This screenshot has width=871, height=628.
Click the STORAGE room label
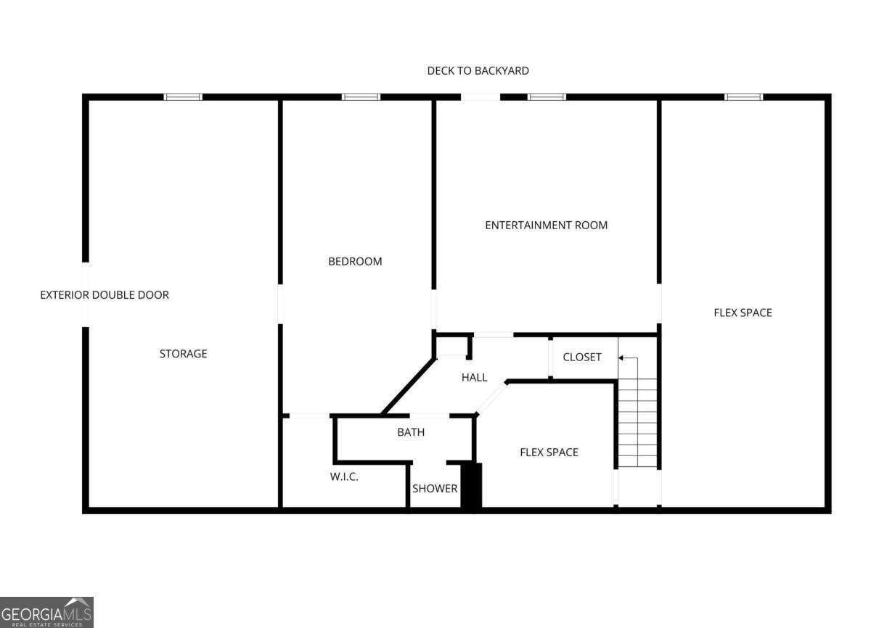point(183,354)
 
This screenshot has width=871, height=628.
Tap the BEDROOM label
point(355,261)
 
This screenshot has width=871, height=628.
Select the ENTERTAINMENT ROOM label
point(546,225)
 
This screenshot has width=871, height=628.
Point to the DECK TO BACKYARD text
point(478,70)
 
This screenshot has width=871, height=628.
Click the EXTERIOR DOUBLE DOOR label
point(105,295)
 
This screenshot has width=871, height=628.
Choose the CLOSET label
point(582,357)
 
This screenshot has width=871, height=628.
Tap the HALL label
point(475,377)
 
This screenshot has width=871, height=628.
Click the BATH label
point(411,432)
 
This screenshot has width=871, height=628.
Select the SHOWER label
point(435,488)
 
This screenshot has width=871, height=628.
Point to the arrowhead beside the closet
point(621,358)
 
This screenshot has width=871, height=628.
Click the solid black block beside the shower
point(471,485)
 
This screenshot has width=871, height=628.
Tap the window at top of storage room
point(183,96)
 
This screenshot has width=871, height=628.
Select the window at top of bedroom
point(361,96)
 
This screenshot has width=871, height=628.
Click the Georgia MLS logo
point(46,612)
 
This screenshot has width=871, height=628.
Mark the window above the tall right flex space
point(743,96)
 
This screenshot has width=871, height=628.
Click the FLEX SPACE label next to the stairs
point(549,453)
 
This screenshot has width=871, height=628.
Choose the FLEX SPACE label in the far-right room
point(743,313)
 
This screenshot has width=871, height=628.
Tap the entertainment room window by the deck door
point(547,96)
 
